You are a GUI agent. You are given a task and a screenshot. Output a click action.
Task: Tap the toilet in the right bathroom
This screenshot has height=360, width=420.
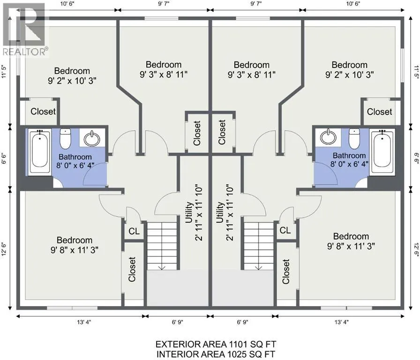point(354,139)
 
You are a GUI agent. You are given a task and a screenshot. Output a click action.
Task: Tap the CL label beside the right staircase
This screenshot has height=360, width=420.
point(285,230)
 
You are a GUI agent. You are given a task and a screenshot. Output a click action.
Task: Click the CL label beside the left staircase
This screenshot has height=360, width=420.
point(134,231)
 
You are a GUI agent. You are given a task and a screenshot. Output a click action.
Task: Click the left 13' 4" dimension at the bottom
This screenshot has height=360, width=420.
point(84,322)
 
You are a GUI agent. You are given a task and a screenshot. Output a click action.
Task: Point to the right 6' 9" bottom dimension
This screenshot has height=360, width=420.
point(243,322)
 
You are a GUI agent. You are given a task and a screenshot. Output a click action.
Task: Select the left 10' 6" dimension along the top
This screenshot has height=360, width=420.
point(65,3)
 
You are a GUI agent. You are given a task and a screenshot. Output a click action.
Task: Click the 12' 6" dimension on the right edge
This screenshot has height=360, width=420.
point(416,250)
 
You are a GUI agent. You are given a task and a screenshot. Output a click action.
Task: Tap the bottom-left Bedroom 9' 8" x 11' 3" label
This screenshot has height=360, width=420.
point(75,245)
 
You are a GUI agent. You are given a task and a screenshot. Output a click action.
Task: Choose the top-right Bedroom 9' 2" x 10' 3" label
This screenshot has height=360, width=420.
point(350,69)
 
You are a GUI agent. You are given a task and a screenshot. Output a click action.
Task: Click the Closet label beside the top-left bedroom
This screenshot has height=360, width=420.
point(43,112)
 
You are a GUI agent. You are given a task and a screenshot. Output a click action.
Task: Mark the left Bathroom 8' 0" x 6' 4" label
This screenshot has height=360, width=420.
point(75,161)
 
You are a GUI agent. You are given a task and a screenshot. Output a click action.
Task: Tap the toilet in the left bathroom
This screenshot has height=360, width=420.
point(65,139)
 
